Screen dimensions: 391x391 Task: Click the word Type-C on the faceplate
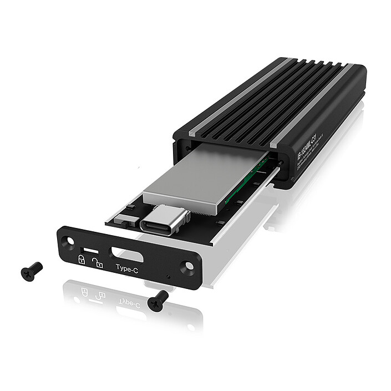pos(127,268)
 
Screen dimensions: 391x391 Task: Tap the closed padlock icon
pos(82,260)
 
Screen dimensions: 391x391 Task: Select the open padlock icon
pos(98,263)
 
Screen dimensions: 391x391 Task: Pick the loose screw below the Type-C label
pos(158,299)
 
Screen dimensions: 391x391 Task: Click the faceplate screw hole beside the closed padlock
pos(69,241)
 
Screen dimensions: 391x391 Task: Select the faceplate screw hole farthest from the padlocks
pos(189,266)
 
